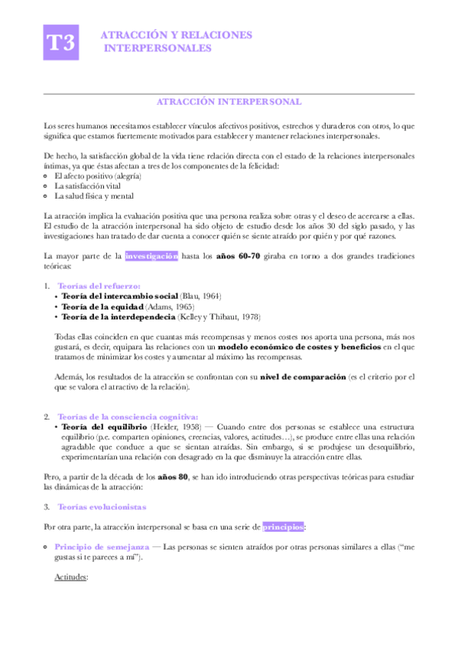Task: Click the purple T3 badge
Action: tap(61, 42)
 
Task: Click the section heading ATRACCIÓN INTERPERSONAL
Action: tap(229, 102)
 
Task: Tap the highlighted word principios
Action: tap(284, 527)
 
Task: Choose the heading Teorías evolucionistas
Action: tap(103, 507)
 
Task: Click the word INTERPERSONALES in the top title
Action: tap(158, 48)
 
